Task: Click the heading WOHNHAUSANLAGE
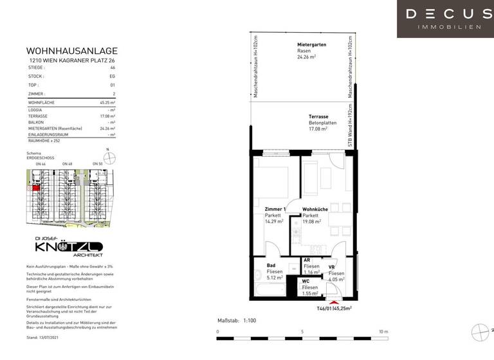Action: (x=71, y=51)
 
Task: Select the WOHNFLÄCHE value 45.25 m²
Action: (x=107, y=103)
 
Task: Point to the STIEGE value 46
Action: (x=113, y=67)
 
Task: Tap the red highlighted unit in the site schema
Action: (x=37, y=187)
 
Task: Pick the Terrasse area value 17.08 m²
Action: (x=318, y=129)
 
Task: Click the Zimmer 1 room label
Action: (x=276, y=210)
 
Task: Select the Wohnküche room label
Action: (x=315, y=210)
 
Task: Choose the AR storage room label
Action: (x=307, y=260)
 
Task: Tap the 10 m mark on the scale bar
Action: (x=383, y=332)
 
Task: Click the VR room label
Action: (x=332, y=267)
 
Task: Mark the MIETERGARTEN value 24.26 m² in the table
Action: (x=107, y=129)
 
